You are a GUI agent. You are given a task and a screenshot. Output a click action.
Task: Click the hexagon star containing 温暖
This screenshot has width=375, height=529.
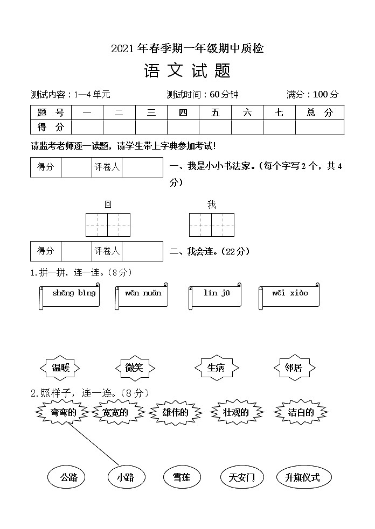click(x=60, y=368)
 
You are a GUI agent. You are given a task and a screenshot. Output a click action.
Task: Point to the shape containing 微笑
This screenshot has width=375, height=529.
click(x=135, y=368)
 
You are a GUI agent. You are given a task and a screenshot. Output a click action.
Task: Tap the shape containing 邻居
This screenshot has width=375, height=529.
click(x=294, y=368)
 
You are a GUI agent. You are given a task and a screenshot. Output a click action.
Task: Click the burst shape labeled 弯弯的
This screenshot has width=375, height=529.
click(x=64, y=413)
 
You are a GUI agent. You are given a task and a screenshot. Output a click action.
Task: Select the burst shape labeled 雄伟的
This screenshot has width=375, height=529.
click(x=175, y=413)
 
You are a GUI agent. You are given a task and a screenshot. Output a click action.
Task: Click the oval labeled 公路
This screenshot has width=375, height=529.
click(x=69, y=477)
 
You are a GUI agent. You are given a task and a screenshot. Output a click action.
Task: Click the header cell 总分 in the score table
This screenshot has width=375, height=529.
click(x=320, y=112)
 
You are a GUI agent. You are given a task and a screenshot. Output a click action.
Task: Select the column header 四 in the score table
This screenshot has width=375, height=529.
click(x=183, y=112)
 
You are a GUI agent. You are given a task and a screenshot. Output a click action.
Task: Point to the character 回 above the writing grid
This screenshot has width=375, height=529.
click(x=108, y=204)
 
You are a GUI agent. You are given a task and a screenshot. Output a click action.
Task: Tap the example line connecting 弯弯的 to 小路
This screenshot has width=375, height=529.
click(x=94, y=444)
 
